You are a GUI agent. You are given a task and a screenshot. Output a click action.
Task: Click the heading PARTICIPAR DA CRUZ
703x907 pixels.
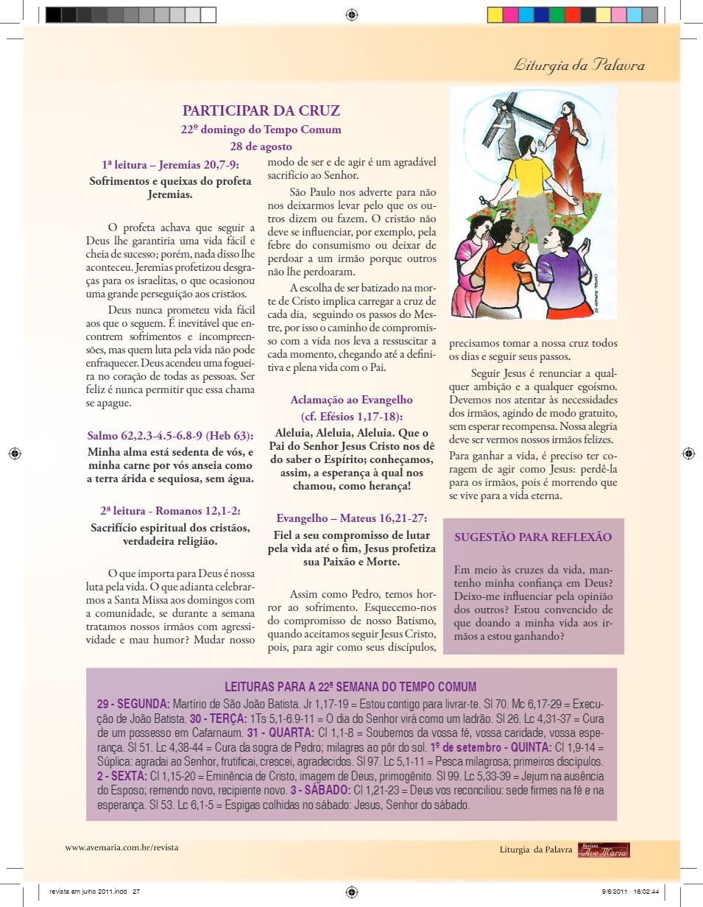pyautogui.click(x=261, y=111)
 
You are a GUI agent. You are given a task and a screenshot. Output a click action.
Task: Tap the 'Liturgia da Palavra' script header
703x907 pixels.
pyautogui.click(x=579, y=66)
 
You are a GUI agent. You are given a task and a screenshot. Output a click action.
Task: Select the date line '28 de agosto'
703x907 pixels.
pyautogui.click(x=261, y=145)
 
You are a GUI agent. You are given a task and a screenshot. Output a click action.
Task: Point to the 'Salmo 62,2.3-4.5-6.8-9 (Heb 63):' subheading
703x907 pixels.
pyautogui.click(x=171, y=435)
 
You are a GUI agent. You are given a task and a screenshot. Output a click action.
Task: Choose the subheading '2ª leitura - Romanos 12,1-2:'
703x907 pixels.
pyautogui.click(x=171, y=510)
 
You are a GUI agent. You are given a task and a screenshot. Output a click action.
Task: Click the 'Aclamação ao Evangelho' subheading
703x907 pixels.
pyautogui.click(x=351, y=400)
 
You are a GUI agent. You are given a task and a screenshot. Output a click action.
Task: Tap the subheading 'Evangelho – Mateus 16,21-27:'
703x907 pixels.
pyautogui.click(x=351, y=518)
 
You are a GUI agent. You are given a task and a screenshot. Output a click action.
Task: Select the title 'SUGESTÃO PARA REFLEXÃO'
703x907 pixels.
pyautogui.click(x=533, y=537)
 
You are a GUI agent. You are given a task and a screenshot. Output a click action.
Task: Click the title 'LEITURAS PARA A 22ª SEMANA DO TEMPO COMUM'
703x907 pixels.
pyautogui.click(x=350, y=686)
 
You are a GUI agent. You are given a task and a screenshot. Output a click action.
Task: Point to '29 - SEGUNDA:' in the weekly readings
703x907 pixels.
pyautogui.click(x=133, y=704)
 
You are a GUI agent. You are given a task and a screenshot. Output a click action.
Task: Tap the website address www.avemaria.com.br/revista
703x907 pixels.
pyautogui.click(x=121, y=847)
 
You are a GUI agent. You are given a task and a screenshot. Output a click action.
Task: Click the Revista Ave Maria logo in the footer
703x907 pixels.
pyautogui.click(x=604, y=850)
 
